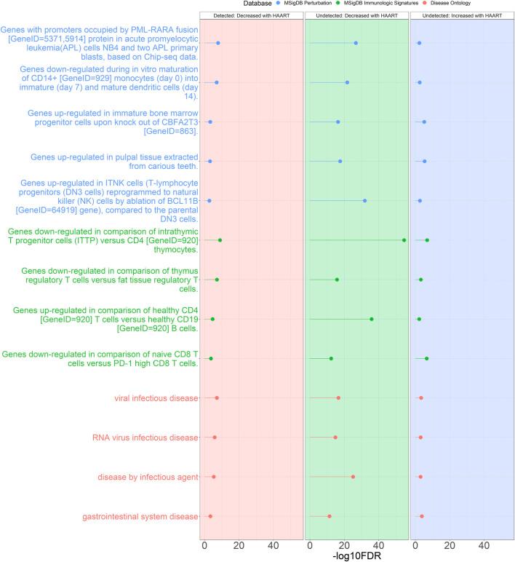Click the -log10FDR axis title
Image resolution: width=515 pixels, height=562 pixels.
click(356, 555)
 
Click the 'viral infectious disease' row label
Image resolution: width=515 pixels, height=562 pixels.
click(156, 398)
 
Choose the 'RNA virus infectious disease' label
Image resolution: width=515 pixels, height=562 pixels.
click(145, 438)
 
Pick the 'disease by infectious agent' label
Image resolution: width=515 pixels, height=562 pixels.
click(148, 477)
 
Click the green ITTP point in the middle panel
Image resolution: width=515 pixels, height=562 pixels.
click(404, 240)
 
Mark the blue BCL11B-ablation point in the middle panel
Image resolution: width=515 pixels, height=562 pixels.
click(365, 200)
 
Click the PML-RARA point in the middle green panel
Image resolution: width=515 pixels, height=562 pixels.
click(356, 43)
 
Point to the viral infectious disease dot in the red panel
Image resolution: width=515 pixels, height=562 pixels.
click(217, 398)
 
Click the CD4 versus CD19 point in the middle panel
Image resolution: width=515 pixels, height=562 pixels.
click(372, 319)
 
